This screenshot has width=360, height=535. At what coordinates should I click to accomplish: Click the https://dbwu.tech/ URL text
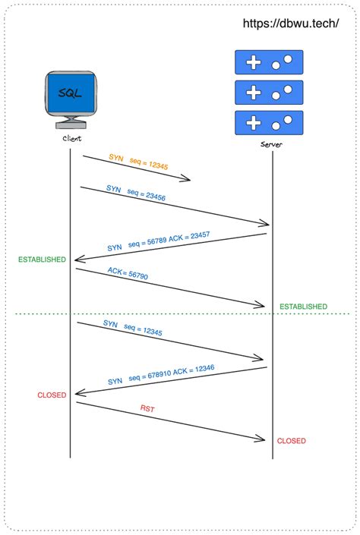coord(291,24)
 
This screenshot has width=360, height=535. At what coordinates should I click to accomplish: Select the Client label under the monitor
coord(71,140)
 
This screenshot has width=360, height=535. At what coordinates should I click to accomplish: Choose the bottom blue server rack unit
coord(269,122)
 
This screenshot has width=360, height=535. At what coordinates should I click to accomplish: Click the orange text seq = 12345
coord(150,164)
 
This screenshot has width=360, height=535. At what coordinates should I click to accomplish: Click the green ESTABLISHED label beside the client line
coord(43,260)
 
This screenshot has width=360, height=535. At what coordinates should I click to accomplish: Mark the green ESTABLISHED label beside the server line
coord(304,307)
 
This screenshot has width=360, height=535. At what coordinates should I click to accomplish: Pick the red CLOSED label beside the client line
coord(52,395)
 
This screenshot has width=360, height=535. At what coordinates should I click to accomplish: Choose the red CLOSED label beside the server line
coord(292,441)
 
